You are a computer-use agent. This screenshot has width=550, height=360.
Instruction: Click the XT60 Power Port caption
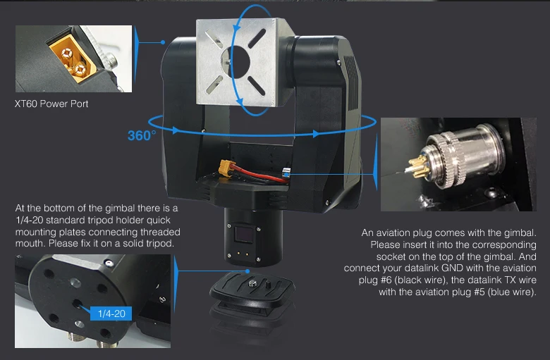point(51,104)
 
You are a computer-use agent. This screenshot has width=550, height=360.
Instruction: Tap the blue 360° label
point(142,136)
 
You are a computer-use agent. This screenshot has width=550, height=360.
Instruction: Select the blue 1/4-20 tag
point(111,314)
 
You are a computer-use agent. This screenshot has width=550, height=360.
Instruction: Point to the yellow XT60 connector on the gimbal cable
point(226,168)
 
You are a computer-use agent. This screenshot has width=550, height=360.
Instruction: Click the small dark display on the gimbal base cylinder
point(245,234)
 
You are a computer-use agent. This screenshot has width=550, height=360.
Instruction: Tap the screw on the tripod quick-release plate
point(252,283)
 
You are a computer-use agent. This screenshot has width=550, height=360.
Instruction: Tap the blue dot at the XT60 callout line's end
point(163,42)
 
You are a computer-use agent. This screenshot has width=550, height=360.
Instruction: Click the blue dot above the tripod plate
point(248,271)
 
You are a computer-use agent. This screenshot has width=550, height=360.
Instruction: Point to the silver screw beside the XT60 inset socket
point(111,60)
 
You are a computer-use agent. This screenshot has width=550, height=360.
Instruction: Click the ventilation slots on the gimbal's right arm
point(352,82)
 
